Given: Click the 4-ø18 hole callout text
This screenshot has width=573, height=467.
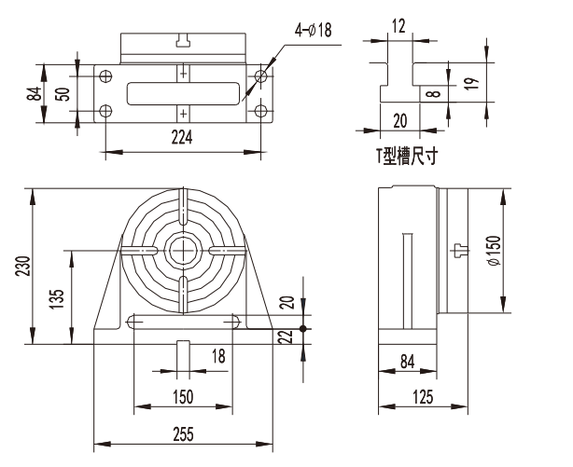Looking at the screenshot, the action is [x=314, y=30].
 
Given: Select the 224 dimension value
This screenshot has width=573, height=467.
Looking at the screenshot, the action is [x=182, y=137].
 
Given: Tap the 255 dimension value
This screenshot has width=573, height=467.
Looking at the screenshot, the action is [x=183, y=434].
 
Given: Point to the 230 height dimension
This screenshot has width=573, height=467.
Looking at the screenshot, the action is [x=22, y=266].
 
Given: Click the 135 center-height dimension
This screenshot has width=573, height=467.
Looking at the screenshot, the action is [x=57, y=299].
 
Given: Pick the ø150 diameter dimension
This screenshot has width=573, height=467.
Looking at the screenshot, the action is [x=494, y=251].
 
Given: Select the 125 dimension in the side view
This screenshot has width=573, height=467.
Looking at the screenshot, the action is [x=423, y=397].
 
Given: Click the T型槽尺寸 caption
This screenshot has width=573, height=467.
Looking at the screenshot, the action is [x=407, y=157].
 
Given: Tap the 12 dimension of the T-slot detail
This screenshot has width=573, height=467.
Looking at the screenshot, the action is [x=398, y=26].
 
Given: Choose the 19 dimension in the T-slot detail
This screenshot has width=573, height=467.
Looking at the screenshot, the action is [x=472, y=83].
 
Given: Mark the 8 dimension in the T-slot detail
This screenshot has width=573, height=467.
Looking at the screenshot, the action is [x=434, y=93].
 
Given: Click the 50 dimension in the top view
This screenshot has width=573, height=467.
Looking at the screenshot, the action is [x=63, y=94].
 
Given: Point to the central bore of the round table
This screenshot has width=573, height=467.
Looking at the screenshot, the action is [x=183, y=251].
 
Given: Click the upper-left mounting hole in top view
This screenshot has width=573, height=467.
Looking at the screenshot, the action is [x=105, y=76].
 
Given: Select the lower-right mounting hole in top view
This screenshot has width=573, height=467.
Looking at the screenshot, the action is [x=260, y=111].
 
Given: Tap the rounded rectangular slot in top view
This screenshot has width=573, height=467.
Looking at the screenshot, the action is [x=183, y=93].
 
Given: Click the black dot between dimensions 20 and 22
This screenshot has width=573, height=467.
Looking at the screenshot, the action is [x=303, y=329].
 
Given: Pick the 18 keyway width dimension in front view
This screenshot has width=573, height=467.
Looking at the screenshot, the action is [x=219, y=356].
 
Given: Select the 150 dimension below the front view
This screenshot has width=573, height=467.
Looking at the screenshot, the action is [x=183, y=396].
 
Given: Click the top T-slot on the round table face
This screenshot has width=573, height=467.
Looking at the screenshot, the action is [x=183, y=207].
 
